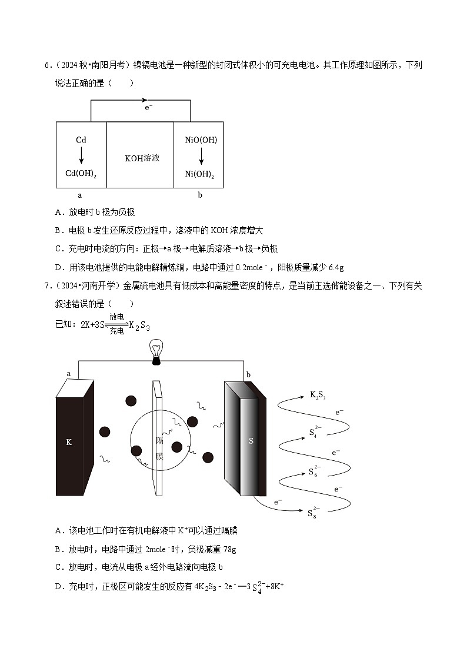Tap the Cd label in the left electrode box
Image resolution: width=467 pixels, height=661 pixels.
[x=81, y=140]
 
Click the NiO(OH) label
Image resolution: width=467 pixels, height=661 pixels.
[x=201, y=140]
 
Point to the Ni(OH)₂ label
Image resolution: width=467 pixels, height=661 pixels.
[x=201, y=175]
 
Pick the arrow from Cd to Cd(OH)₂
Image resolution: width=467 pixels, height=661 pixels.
[x=81, y=157]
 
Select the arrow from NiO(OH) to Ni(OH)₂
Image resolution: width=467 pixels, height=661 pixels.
[x=201, y=157]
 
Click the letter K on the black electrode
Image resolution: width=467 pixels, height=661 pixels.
[x=69, y=441]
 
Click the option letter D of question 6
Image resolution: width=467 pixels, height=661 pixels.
[x=58, y=267]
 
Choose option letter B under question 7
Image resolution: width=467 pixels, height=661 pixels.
[x=58, y=549]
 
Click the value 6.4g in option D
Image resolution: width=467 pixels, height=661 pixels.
[x=335, y=267]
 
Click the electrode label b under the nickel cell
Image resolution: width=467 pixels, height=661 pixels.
[x=200, y=195]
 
